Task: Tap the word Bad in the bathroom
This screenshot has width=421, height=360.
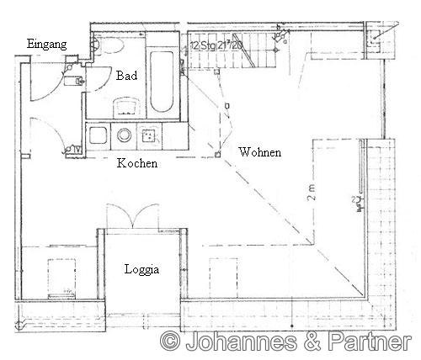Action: [125, 76]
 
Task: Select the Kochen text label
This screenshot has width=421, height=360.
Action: [136, 162]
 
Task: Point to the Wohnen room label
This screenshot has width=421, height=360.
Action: [260, 152]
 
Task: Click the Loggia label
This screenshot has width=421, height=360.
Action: [140, 270]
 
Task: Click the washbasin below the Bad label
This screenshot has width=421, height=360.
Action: [126, 107]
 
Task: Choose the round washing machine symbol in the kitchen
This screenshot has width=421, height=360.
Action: [125, 135]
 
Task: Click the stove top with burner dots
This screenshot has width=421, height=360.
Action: [152, 135]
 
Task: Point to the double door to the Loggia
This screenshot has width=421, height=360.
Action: [131, 215]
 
